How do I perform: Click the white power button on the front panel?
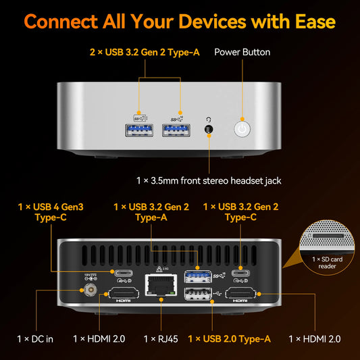(242, 129)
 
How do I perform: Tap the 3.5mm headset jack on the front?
(209, 129)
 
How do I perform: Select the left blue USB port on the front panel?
(139, 130)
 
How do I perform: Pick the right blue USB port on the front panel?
(176, 130)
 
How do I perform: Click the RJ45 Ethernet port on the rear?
(161, 285)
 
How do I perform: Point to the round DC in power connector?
(91, 290)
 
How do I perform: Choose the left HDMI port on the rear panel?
(124, 293)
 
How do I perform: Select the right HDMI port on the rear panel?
(240, 293)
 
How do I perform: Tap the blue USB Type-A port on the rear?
(198, 277)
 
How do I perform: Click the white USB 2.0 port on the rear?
(198, 294)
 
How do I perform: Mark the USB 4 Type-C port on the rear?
(124, 274)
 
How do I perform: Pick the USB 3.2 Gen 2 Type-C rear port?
(240, 274)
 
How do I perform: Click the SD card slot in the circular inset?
(328, 236)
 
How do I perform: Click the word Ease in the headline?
(315, 22)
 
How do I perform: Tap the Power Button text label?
(242, 53)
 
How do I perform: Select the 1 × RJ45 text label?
(161, 339)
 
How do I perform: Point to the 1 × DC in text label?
(35, 339)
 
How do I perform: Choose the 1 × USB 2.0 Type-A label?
(230, 339)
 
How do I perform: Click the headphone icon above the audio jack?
(209, 120)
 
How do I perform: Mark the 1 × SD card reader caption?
(327, 263)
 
